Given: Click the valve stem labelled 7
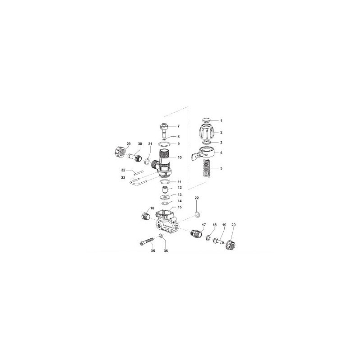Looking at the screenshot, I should pos(164,129).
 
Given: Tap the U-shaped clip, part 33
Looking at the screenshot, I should pos(139,181).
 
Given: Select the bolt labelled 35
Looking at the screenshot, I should pos(145,243).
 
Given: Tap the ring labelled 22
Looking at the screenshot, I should pos(197,213).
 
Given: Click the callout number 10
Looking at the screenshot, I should pos(179,158).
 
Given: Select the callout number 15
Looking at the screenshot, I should pos(179,207).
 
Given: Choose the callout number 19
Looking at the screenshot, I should pos(223,224).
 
